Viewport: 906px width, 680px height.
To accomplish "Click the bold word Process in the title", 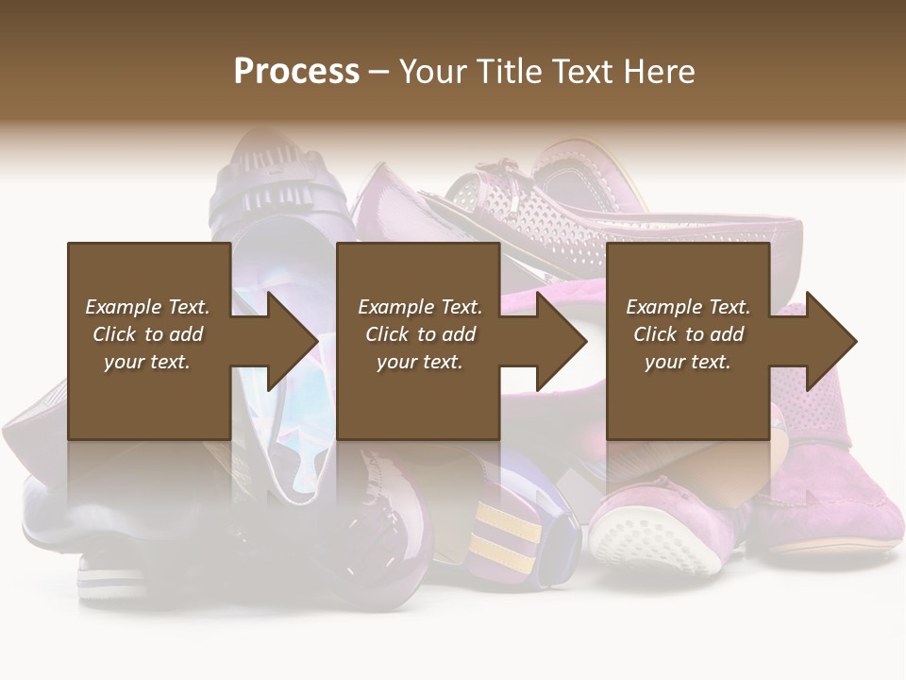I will (296, 71).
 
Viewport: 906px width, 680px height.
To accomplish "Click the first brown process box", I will (149, 397).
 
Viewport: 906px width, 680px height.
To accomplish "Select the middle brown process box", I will (418, 397).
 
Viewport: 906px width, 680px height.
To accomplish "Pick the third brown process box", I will (687, 397).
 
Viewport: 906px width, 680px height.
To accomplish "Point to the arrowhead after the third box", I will (830, 341).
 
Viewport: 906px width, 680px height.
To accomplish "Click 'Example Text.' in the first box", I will (147, 307).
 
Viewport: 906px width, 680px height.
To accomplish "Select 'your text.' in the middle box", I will (419, 362).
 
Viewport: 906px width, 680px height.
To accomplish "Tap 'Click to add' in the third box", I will (688, 334).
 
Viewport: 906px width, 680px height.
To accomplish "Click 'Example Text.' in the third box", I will (688, 307).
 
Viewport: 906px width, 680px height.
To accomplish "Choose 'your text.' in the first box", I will (147, 362).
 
